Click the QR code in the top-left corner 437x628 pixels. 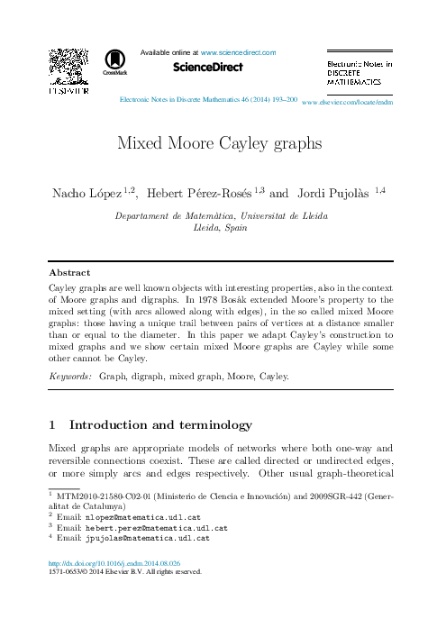pyautogui.click(x=67, y=64)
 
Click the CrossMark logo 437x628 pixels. pyautogui.click(x=115, y=61)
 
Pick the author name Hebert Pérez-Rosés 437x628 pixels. pyautogui.click(x=200, y=193)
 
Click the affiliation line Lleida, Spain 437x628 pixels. pyautogui.click(x=220, y=229)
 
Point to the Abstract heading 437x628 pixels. pyautogui.click(x=68, y=272)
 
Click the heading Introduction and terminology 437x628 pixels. pyautogui.click(x=160, y=424)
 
